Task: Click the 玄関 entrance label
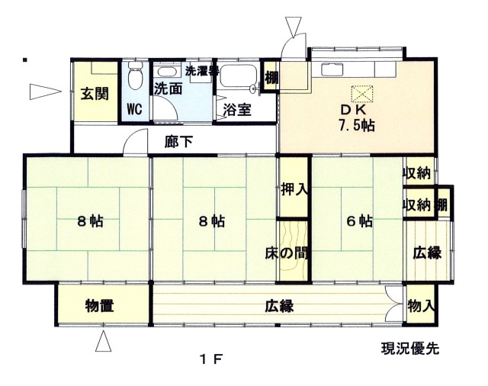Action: (95, 94)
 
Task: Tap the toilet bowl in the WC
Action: (135, 75)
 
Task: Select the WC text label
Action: (134, 109)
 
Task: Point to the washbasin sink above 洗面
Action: (169, 71)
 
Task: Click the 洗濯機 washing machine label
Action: (201, 70)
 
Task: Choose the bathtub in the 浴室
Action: (238, 76)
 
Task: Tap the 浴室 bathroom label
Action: (237, 110)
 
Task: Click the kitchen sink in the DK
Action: (332, 69)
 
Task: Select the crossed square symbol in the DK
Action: (362, 93)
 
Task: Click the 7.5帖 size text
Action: (357, 125)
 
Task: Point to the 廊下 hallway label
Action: (179, 142)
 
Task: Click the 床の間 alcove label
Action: (287, 253)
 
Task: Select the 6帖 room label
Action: (359, 221)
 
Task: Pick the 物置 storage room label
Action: (99, 305)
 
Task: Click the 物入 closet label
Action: (421, 306)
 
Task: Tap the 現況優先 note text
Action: (410, 349)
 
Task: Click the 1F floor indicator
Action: (211, 360)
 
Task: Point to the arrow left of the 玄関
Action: (46, 92)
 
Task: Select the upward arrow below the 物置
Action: (104, 341)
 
